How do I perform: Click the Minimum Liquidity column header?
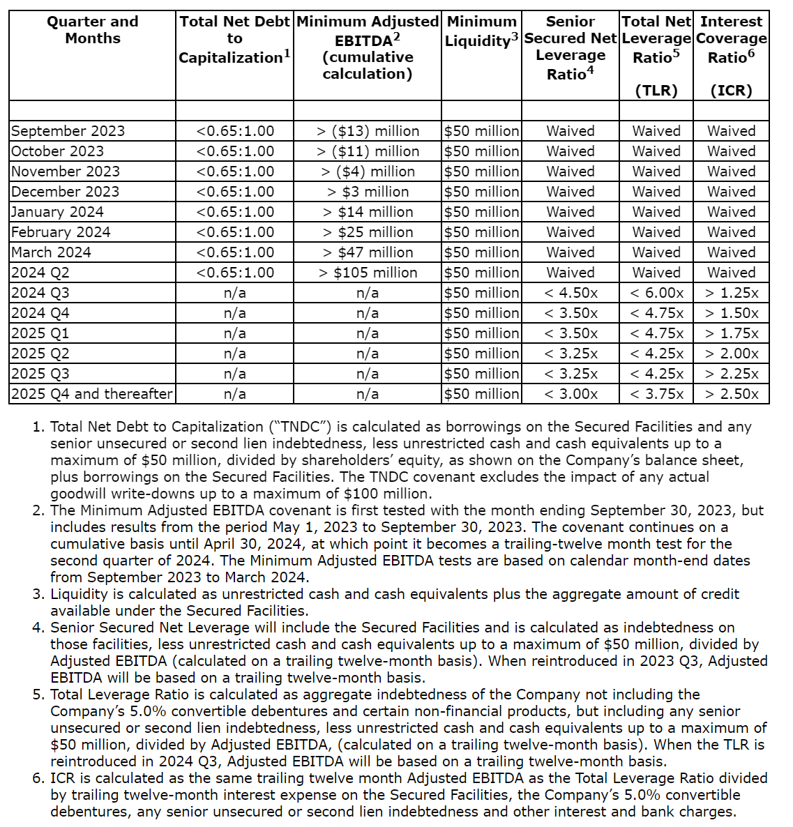click(481, 31)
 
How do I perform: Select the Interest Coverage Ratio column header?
click(731, 40)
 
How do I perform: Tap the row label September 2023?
click(68, 131)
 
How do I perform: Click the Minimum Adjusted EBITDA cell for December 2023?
click(368, 192)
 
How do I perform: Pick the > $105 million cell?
click(368, 273)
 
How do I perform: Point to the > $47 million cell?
click(368, 252)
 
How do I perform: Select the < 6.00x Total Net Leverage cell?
click(656, 293)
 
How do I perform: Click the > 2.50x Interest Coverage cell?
click(731, 394)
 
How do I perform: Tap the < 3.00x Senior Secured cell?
click(571, 394)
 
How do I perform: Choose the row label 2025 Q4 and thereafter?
click(91, 394)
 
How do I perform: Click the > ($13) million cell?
click(368, 131)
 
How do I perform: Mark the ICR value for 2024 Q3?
click(731, 293)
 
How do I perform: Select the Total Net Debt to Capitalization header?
click(234, 40)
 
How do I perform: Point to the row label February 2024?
click(61, 232)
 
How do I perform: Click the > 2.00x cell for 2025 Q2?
click(731, 354)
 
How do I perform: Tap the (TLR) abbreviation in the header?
click(656, 91)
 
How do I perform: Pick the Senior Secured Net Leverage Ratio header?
click(571, 47)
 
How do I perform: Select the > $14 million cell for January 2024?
click(368, 212)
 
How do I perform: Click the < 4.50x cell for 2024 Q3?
click(571, 293)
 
